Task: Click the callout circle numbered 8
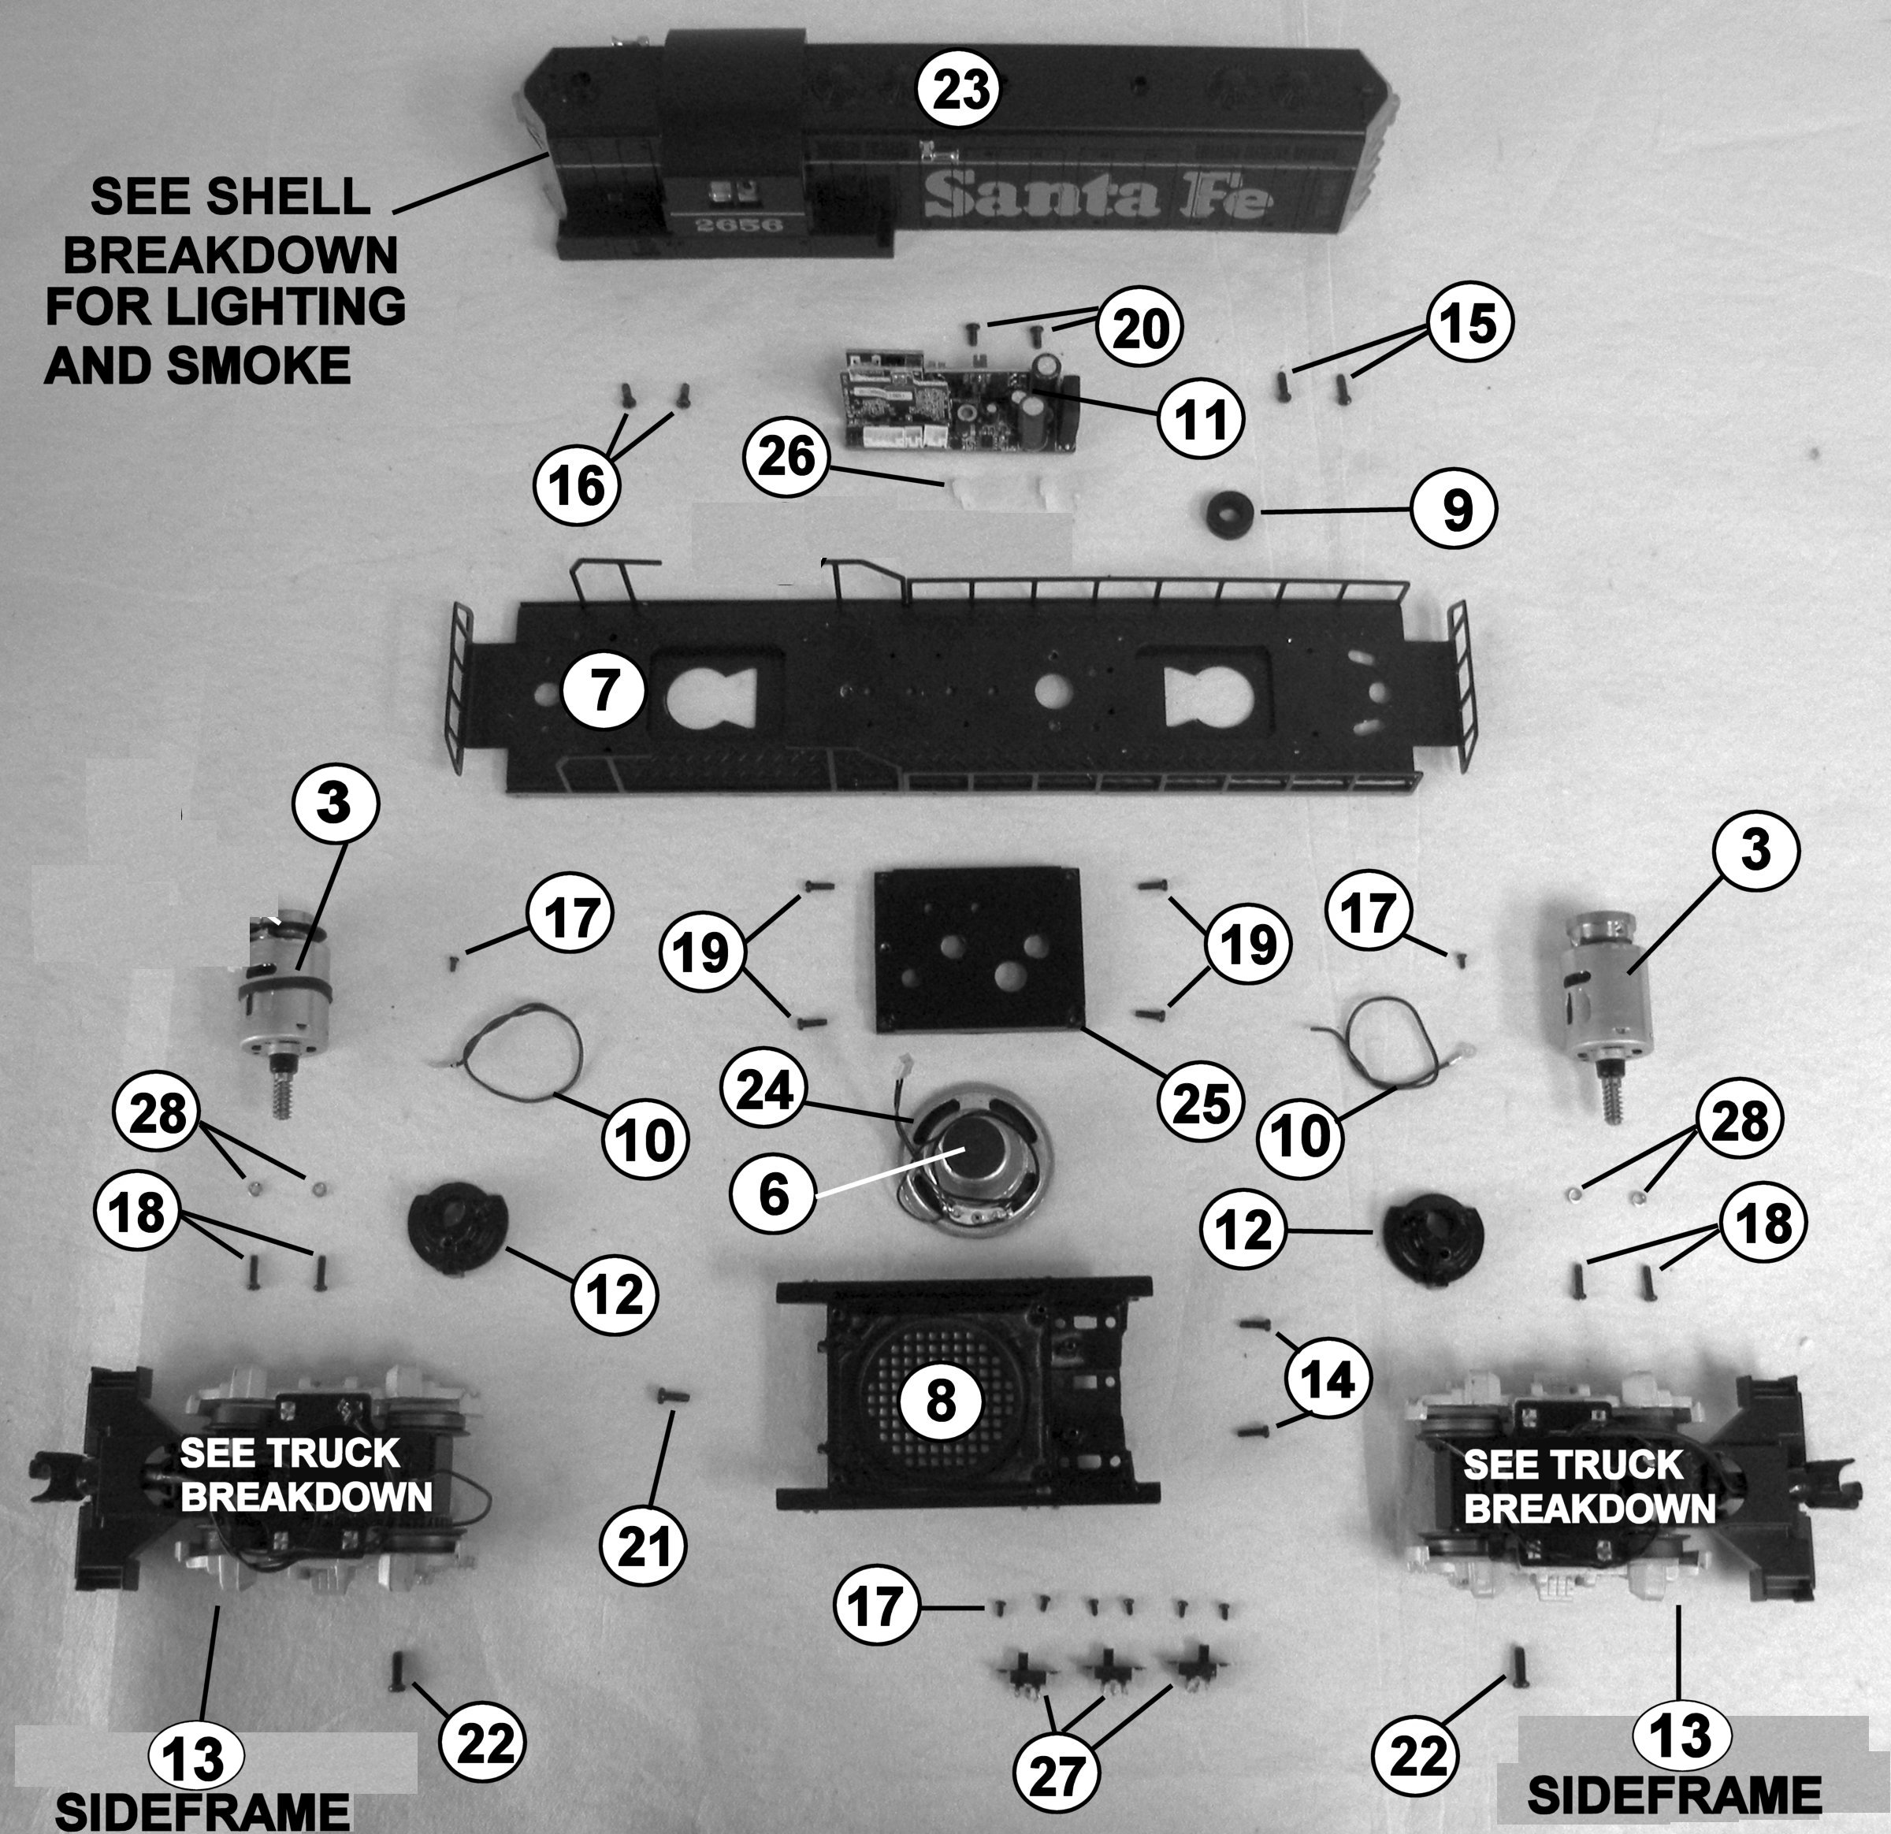pyautogui.click(x=940, y=1400)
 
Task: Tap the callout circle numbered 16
pyautogui.click(x=577, y=484)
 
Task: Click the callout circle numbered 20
pyautogui.click(x=1139, y=330)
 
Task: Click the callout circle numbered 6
pyautogui.click(x=774, y=1194)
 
